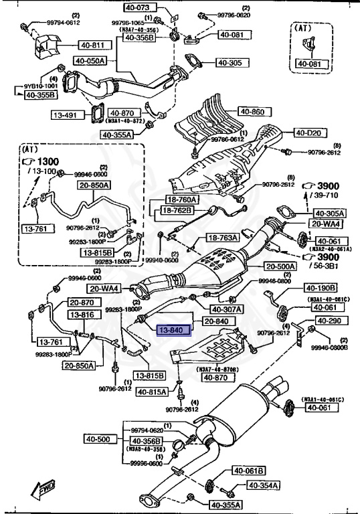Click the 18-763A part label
click(221, 238)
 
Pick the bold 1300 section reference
click(49, 163)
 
